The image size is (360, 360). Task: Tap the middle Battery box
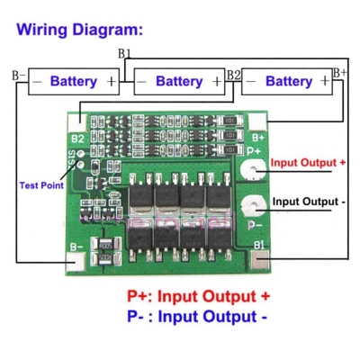coord(179,81)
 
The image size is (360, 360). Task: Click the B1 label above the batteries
coord(124,54)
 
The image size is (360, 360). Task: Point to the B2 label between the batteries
coord(233,73)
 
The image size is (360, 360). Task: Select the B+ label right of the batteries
coord(340,72)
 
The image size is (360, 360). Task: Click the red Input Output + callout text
coord(309,163)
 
